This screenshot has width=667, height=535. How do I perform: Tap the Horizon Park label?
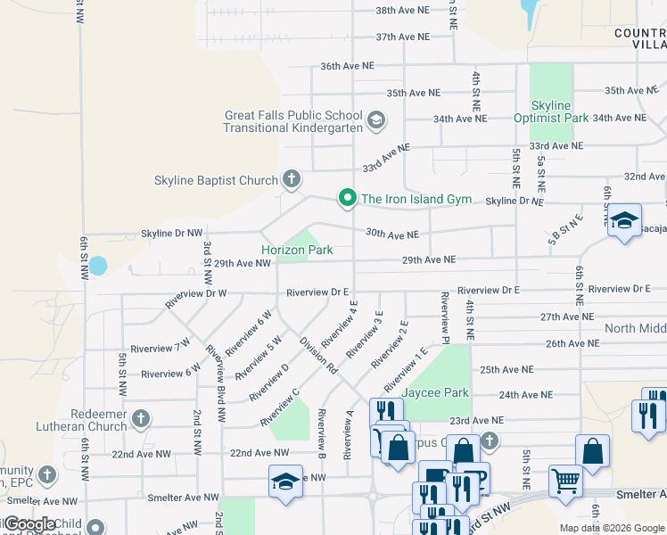297,251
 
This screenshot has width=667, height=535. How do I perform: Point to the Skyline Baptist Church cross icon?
291,180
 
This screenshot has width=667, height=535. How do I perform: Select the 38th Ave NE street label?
402,10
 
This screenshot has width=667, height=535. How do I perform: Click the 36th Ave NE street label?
347,66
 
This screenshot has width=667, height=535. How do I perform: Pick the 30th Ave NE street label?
391,235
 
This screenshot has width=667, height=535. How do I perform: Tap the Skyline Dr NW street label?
172,233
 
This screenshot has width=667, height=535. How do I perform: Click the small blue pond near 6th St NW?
98,266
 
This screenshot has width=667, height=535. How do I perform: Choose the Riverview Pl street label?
443,317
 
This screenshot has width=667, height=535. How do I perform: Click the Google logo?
31,524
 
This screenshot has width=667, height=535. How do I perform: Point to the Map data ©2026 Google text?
611,528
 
